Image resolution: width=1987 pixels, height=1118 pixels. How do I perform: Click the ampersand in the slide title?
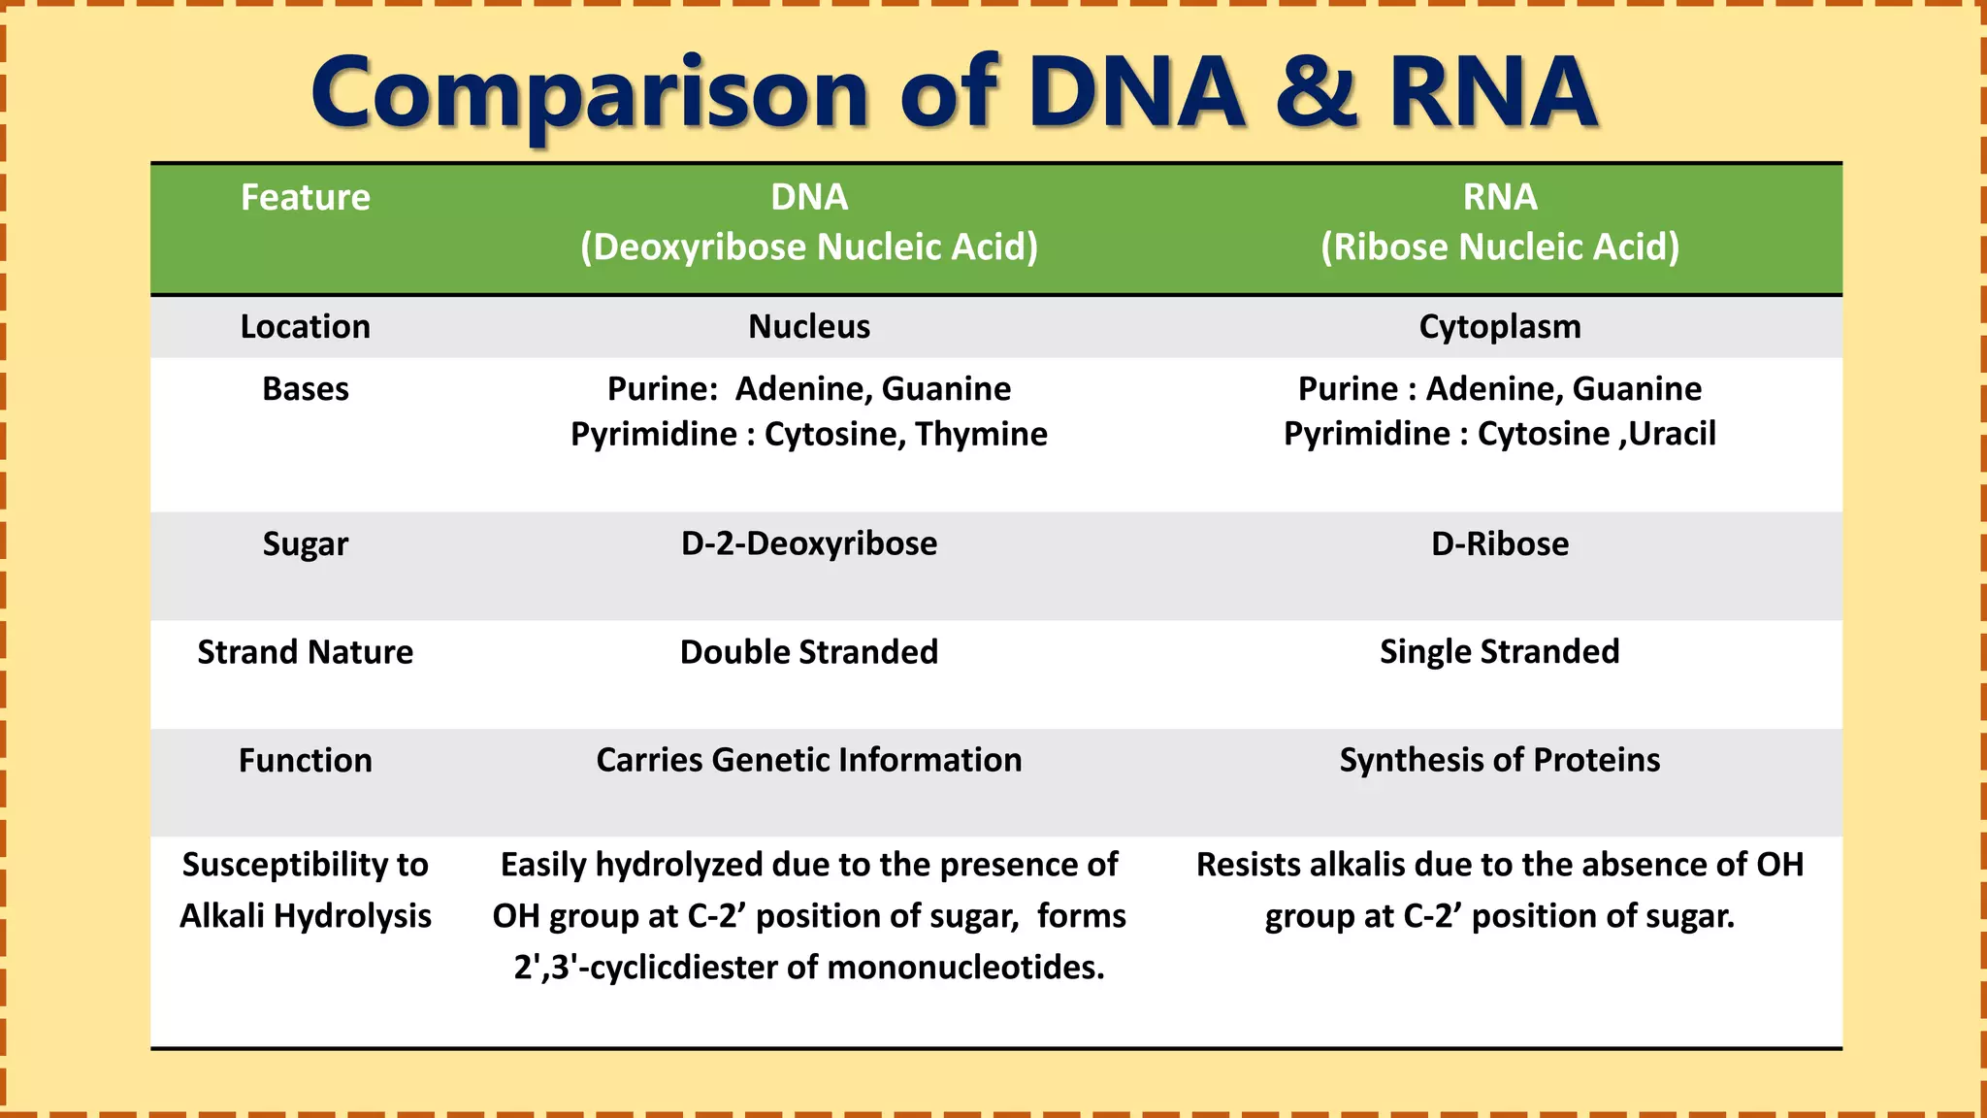[x=1316, y=93]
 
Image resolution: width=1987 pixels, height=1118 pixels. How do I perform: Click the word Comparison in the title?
[x=589, y=95]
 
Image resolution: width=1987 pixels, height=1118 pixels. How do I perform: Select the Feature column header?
[x=305, y=198]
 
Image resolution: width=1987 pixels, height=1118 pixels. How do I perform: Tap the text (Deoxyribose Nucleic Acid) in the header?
[x=808, y=247]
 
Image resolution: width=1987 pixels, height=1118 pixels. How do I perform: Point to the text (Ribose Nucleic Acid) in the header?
[x=1499, y=247]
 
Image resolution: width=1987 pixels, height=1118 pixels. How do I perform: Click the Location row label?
[x=305, y=327]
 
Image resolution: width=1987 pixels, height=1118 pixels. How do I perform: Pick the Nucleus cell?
[x=808, y=327]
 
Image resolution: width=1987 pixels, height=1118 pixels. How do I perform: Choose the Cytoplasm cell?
[x=1499, y=327]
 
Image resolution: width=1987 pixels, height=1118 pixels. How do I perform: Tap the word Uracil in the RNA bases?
[x=1672, y=433]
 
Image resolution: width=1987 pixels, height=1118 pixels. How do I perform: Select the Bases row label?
[x=305, y=389]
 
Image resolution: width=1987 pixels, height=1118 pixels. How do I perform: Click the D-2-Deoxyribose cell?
[x=808, y=543]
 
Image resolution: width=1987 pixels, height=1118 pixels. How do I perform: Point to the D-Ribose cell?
[x=1499, y=543]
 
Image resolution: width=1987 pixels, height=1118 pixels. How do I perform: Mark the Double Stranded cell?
[x=808, y=652]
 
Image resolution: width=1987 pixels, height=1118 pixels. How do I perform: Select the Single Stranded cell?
[x=1499, y=652]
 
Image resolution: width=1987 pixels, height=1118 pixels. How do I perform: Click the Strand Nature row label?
[x=305, y=652]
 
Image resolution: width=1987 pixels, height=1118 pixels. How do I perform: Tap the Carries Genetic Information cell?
[x=808, y=760]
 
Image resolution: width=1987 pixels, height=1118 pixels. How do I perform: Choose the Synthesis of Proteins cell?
[x=1499, y=760]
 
